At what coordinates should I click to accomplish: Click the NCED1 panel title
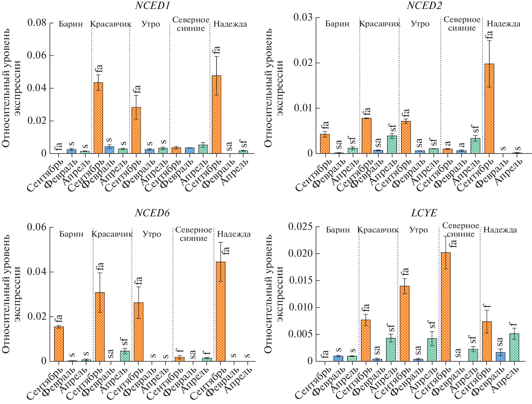152,6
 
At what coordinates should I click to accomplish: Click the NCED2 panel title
424,6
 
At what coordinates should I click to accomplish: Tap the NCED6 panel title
152,213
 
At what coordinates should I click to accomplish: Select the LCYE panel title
424,213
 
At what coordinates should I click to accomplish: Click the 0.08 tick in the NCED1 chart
37,23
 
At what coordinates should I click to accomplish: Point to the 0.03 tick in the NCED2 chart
303,17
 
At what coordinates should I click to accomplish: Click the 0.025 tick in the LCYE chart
300,227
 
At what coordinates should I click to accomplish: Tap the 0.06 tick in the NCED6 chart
37,227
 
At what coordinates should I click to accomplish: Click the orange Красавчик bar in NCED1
98,118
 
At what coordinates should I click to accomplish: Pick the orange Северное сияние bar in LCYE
446,307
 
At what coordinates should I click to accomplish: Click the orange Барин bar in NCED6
59,344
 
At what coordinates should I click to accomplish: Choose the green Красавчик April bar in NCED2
392,144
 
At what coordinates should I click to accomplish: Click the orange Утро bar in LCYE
405,323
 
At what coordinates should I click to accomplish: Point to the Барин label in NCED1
71,24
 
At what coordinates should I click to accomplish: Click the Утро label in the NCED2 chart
420,24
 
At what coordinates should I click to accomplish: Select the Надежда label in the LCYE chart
500,230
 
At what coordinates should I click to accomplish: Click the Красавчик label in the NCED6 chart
112,234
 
